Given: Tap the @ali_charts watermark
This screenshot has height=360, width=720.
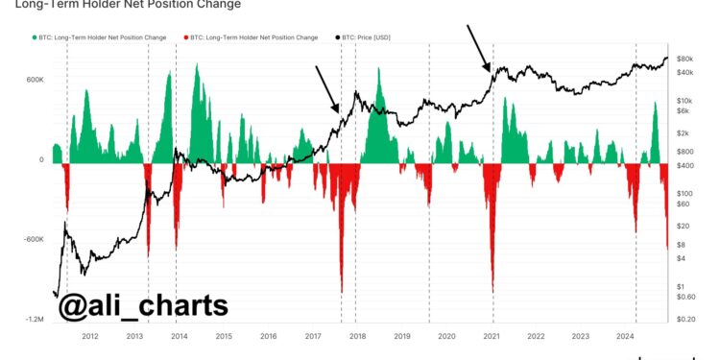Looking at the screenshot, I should coord(144,306).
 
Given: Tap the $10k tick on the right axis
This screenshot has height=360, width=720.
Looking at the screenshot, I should coord(685,100).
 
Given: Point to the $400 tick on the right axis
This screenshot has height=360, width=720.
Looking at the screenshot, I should coord(685,166).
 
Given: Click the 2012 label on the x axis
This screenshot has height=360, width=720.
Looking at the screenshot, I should coord(90,336).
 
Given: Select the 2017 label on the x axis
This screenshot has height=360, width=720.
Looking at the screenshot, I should coord(313,336).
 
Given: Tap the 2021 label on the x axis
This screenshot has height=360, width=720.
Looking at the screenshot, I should coord(492,336).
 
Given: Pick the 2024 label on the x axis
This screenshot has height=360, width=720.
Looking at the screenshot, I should coord(625,336).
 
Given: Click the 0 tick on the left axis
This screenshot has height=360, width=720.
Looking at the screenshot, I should coord(41,160).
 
